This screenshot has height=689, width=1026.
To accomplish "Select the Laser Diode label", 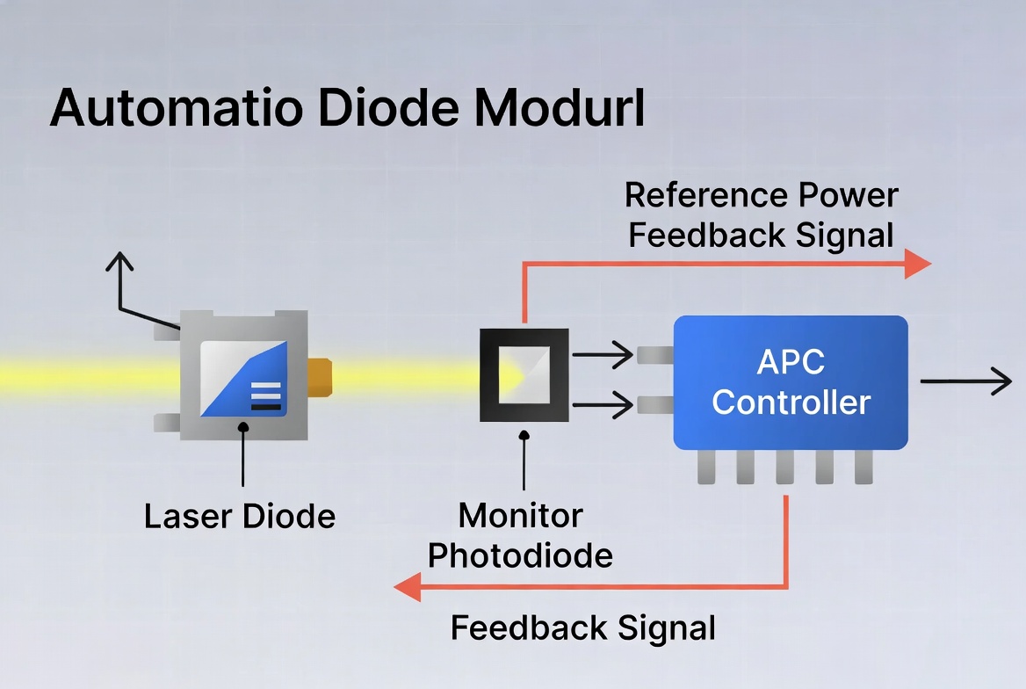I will (x=240, y=516).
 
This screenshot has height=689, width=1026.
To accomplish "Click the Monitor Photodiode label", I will (x=520, y=535).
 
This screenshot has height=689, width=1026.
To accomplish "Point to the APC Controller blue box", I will (x=791, y=382).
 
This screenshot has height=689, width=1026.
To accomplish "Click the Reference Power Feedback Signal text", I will (x=762, y=215).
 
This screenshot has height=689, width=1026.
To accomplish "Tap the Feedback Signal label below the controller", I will (x=582, y=628).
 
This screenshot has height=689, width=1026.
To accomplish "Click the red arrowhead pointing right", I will (x=917, y=263).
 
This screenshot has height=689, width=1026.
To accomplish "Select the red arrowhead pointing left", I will (x=408, y=586).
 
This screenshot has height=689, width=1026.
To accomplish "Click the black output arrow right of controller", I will (x=966, y=381).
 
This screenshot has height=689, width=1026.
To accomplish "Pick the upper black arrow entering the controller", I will (x=603, y=355).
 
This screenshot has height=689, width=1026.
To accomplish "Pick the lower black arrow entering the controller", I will (x=603, y=405).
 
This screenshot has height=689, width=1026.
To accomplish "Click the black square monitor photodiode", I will (x=524, y=375).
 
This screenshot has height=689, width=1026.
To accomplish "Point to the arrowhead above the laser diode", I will (x=120, y=261).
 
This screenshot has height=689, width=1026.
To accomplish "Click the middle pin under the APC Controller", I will (x=784, y=468).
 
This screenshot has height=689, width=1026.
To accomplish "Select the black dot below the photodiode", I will (x=524, y=435).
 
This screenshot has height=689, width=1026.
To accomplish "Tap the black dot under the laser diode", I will (x=242, y=426).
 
